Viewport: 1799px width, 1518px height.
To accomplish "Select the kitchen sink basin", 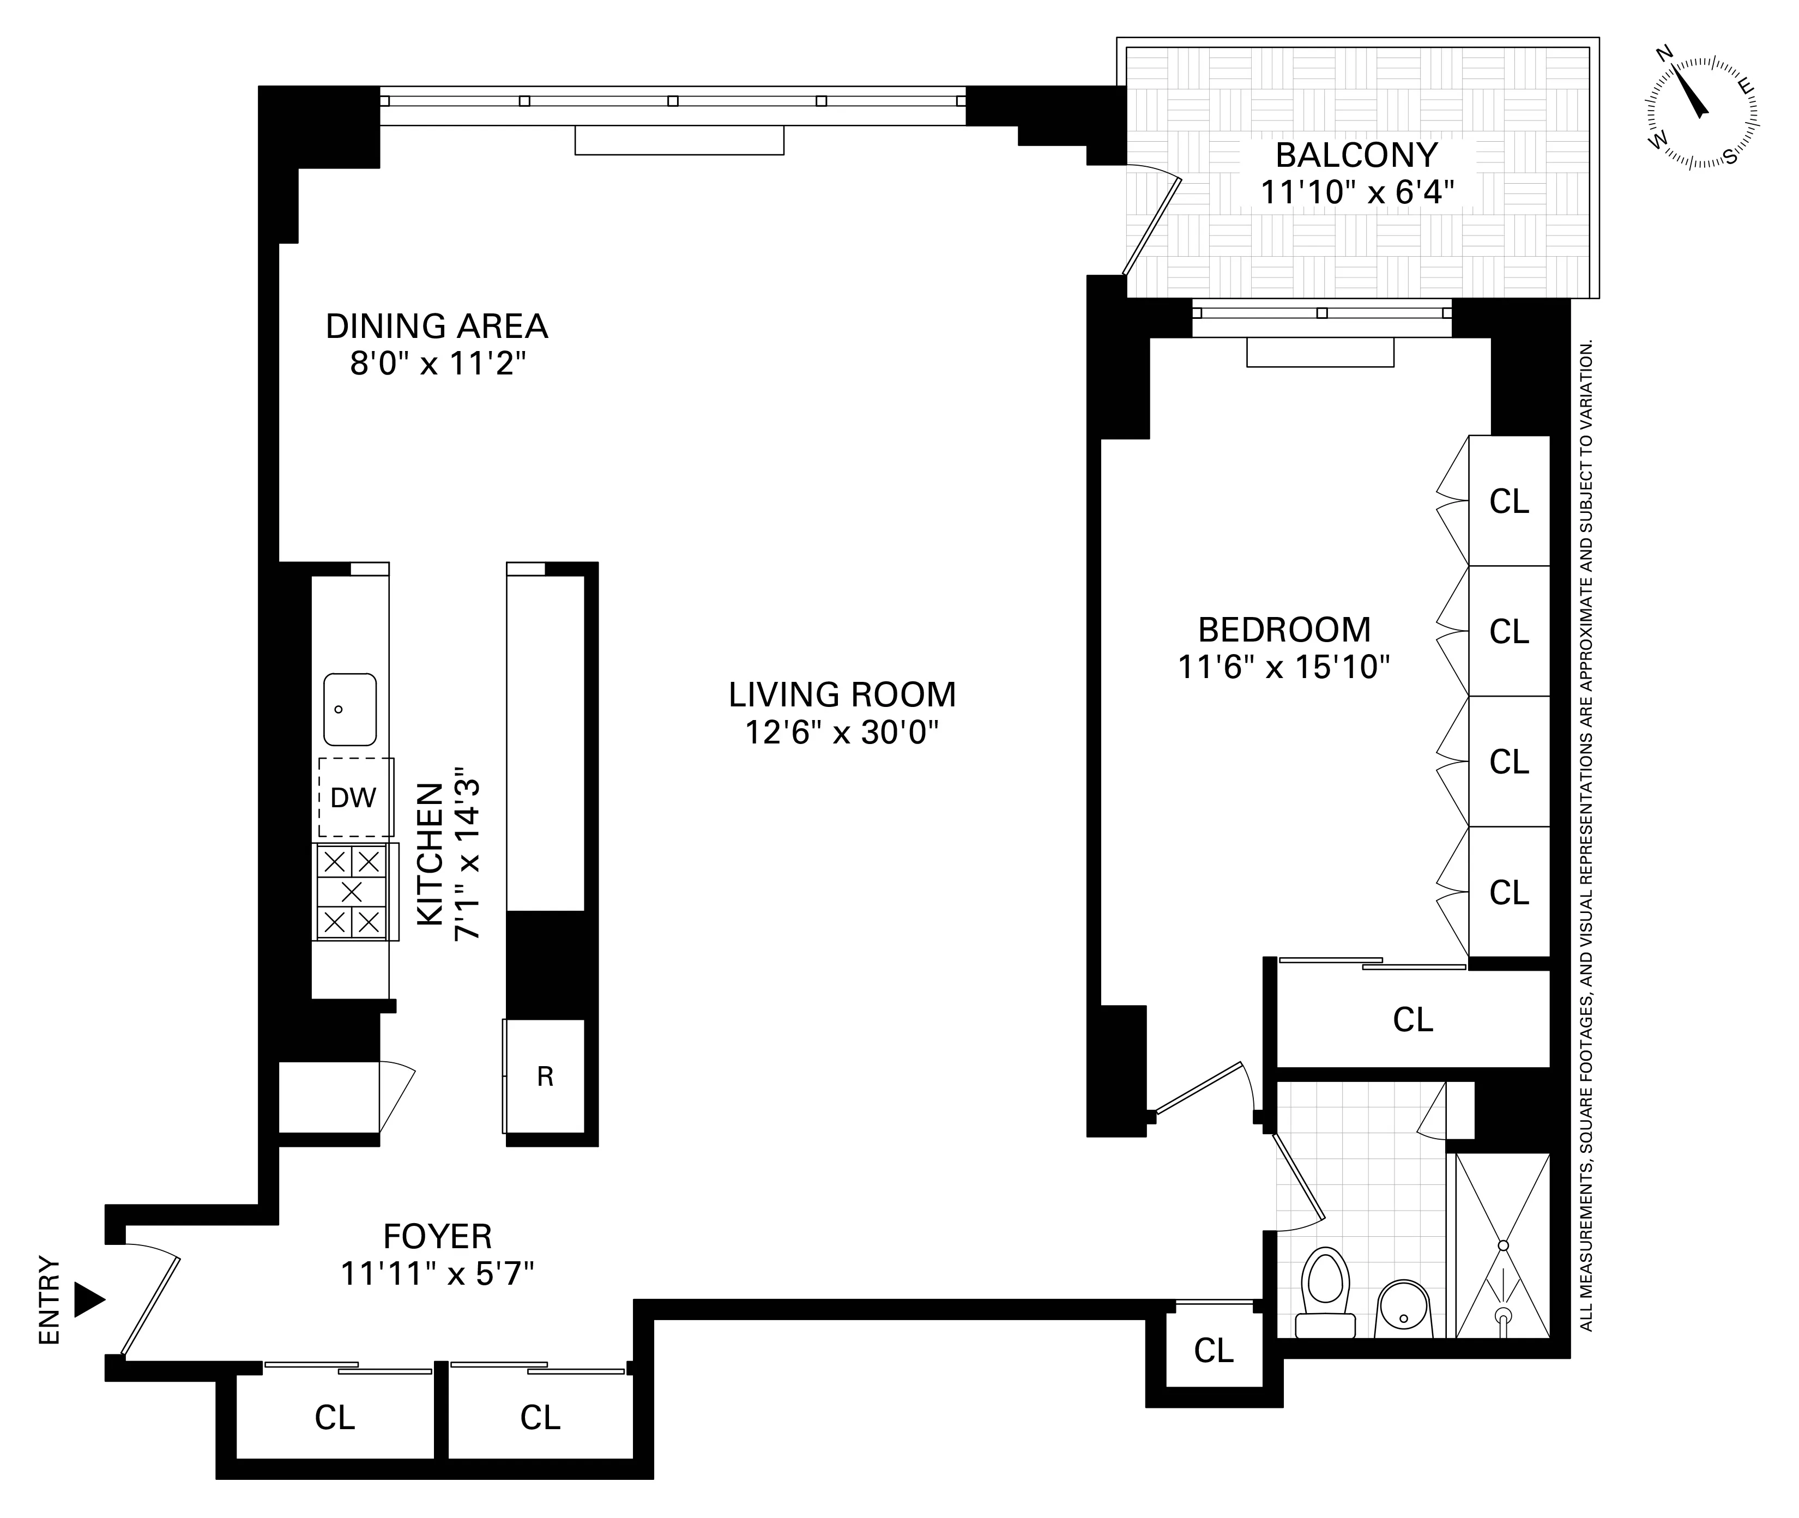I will tap(349, 709).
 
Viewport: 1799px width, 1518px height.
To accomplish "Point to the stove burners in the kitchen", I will tap(352, 891).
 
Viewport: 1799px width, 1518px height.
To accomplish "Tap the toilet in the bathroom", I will tap(1326, 1292).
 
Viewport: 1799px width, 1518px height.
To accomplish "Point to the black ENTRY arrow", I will tap(89, 1299).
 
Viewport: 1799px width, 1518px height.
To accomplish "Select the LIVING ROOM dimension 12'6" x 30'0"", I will tap(841, 733).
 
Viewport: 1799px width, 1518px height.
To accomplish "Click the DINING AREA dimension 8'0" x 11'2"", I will tap(437, 365).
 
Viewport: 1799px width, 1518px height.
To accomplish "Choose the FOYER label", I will tap(437, 1237).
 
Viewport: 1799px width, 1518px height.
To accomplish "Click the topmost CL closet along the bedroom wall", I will tap(1509, 501).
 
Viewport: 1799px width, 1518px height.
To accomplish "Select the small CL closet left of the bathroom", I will tap(1214, 1350).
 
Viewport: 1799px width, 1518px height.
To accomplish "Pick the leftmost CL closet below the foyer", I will tap(334, 1417).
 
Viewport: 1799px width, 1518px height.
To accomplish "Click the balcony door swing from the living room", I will tap(1152, 223).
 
